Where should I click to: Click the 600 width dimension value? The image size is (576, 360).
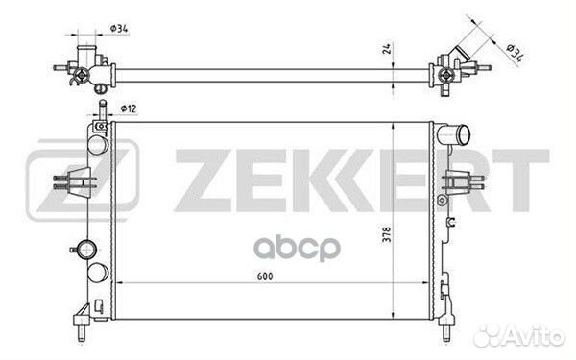(x=265, y=276)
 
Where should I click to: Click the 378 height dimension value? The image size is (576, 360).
(x=387, y=234)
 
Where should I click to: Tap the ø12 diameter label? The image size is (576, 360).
(x=129, y=108)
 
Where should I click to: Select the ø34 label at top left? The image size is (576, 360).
(x=119, y=28)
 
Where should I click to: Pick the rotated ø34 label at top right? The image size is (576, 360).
(x=515, y=52)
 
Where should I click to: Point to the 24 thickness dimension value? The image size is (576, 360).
(x=387, y=49)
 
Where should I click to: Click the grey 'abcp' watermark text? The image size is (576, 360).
(x=298, y=249)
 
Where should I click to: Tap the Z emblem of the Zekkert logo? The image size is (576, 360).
(x=83, y=180)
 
